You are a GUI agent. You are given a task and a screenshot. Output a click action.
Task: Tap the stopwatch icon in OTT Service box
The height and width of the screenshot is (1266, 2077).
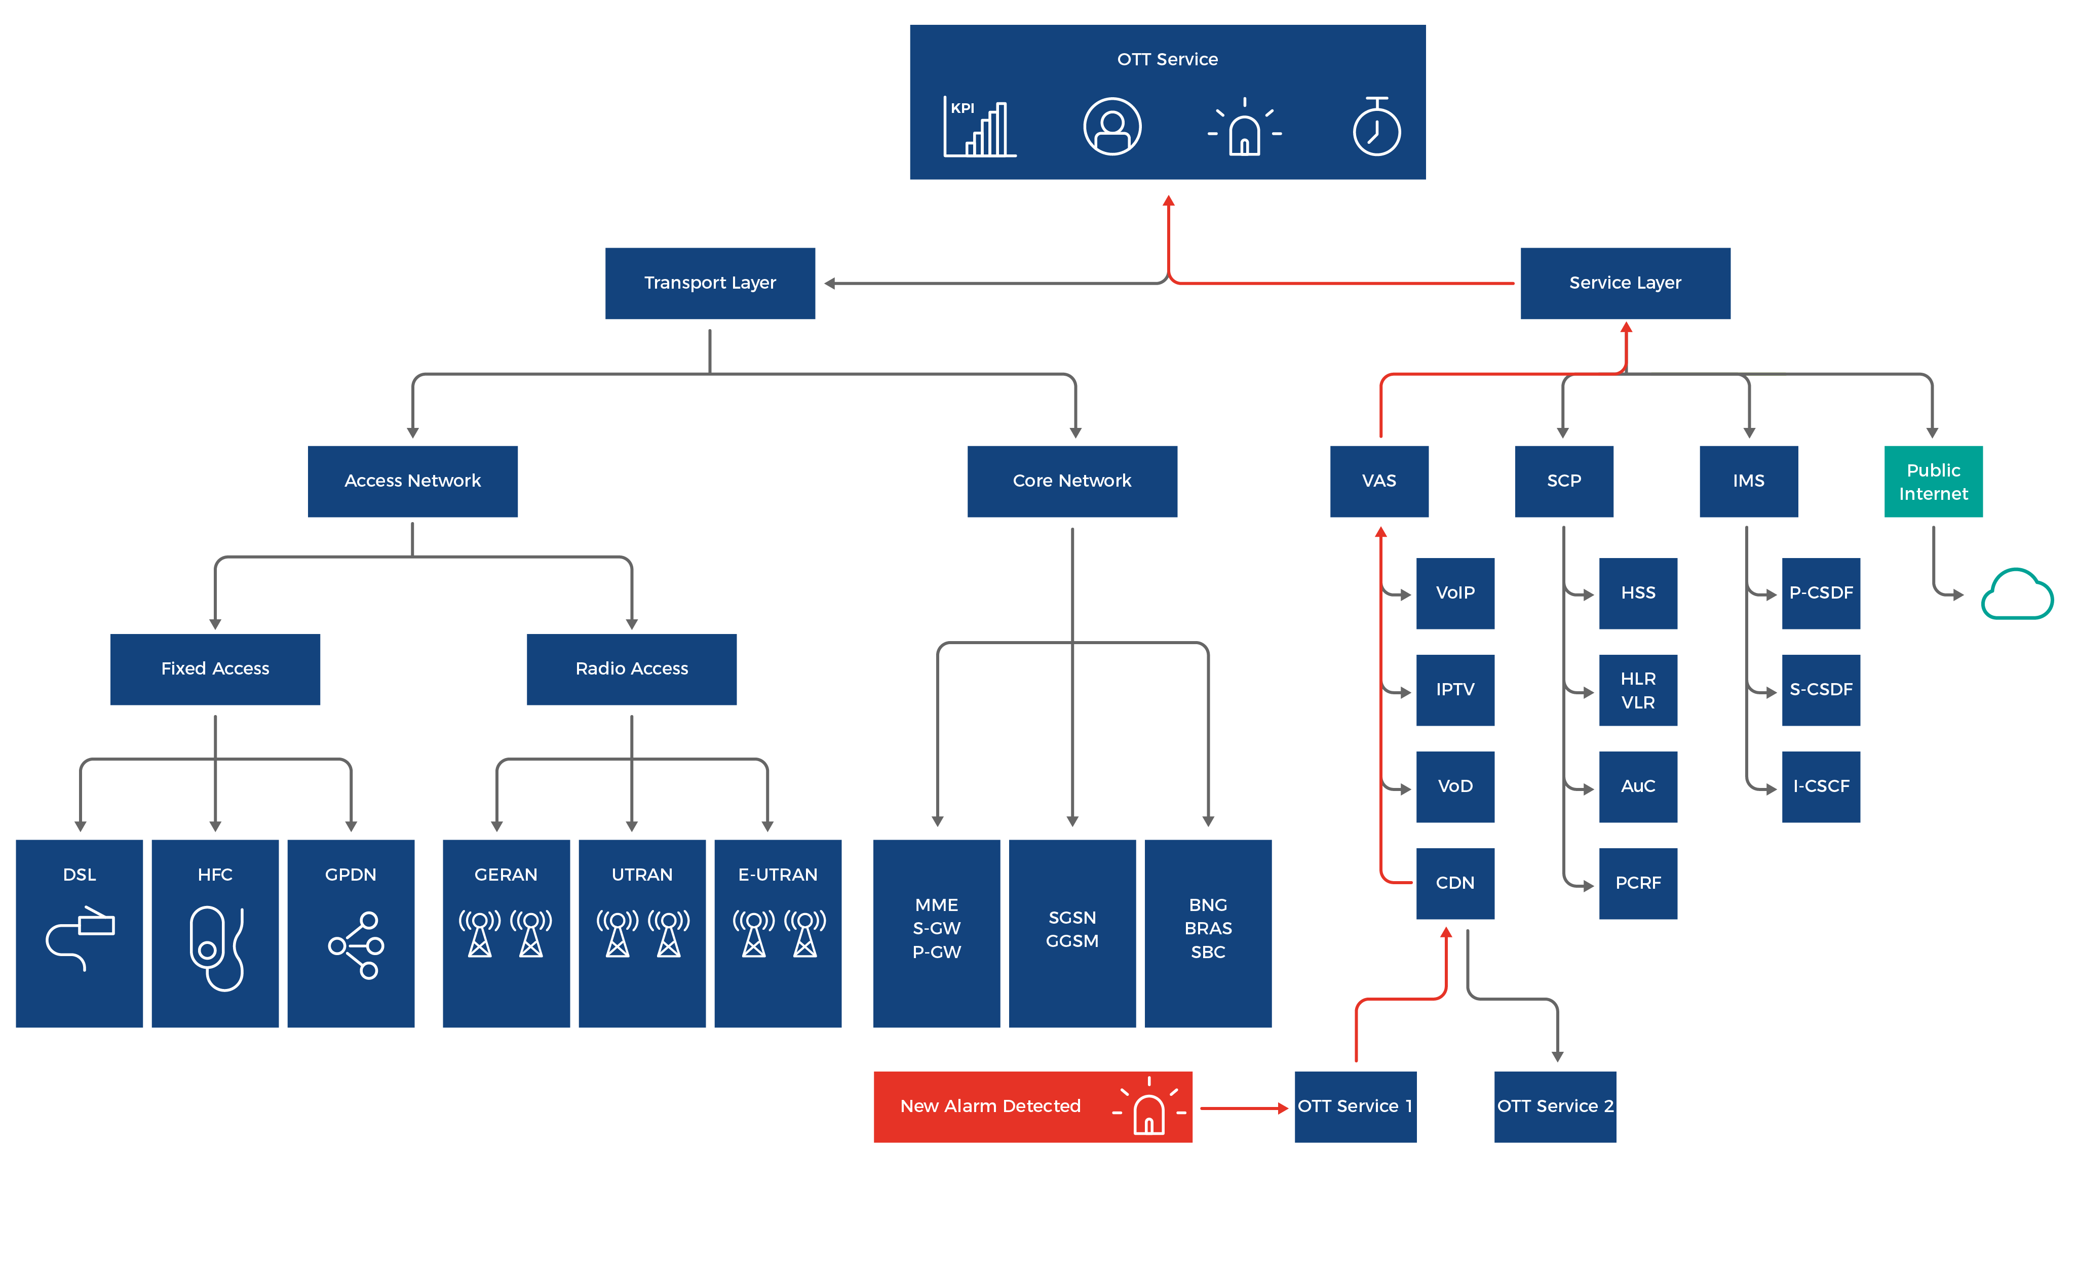click(x=1376, y=127)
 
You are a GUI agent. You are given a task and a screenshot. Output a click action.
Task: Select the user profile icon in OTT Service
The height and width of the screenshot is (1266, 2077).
click(x=1112, y=127)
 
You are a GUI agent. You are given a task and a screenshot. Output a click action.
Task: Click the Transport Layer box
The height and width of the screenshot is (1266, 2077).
click(x=710, y=283)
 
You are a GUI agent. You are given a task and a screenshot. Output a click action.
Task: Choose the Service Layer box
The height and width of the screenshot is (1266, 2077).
click(x=1624, y=283)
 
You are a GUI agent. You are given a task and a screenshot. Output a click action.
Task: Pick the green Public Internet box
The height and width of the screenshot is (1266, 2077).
click(x=1933, y=481)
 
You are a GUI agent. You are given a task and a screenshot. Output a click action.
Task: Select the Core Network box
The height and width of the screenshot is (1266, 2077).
click(x=1071, y=481)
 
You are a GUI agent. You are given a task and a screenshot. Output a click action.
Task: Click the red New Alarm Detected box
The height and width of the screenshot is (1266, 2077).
click(x=1032, y=1106)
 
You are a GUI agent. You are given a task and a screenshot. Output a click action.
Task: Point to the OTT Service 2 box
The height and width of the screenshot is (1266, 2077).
click(x=1554, y=1106)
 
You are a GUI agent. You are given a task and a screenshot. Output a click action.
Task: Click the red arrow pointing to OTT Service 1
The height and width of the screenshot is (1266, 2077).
click(x=1244, y=1109)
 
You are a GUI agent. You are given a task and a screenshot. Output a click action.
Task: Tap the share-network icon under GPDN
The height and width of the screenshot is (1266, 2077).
click(x=356, y=945)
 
